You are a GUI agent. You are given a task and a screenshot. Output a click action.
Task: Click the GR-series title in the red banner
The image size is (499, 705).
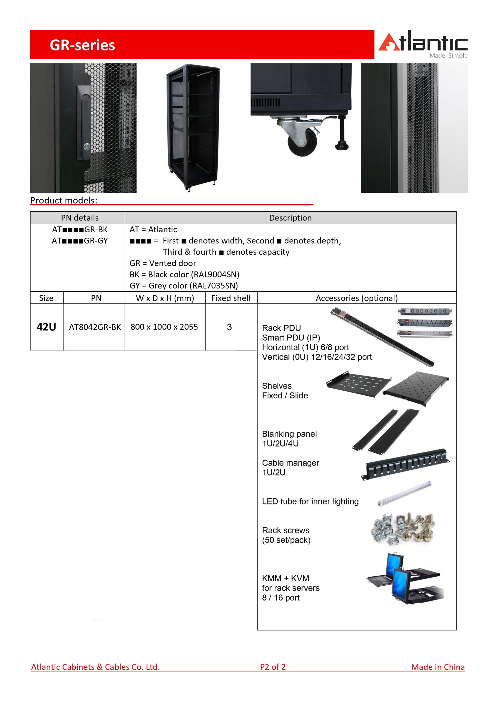pos(82,45)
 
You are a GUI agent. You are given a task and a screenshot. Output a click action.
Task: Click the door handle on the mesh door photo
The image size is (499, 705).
pos(84,123)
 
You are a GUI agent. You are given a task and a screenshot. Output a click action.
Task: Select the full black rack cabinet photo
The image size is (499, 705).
pos(193,127)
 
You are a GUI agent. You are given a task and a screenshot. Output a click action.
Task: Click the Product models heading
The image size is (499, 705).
pos(64,201)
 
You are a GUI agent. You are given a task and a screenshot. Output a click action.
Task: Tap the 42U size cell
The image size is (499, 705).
pos(46,327)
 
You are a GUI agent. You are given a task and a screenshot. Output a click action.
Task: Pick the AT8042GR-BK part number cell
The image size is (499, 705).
pos(95,327)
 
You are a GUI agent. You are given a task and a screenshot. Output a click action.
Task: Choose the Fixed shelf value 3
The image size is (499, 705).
pos(229,327)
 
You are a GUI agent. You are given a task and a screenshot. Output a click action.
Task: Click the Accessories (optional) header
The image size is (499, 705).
pos(356,298)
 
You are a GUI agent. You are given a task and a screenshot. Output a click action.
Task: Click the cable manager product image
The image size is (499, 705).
pos(406,464)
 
